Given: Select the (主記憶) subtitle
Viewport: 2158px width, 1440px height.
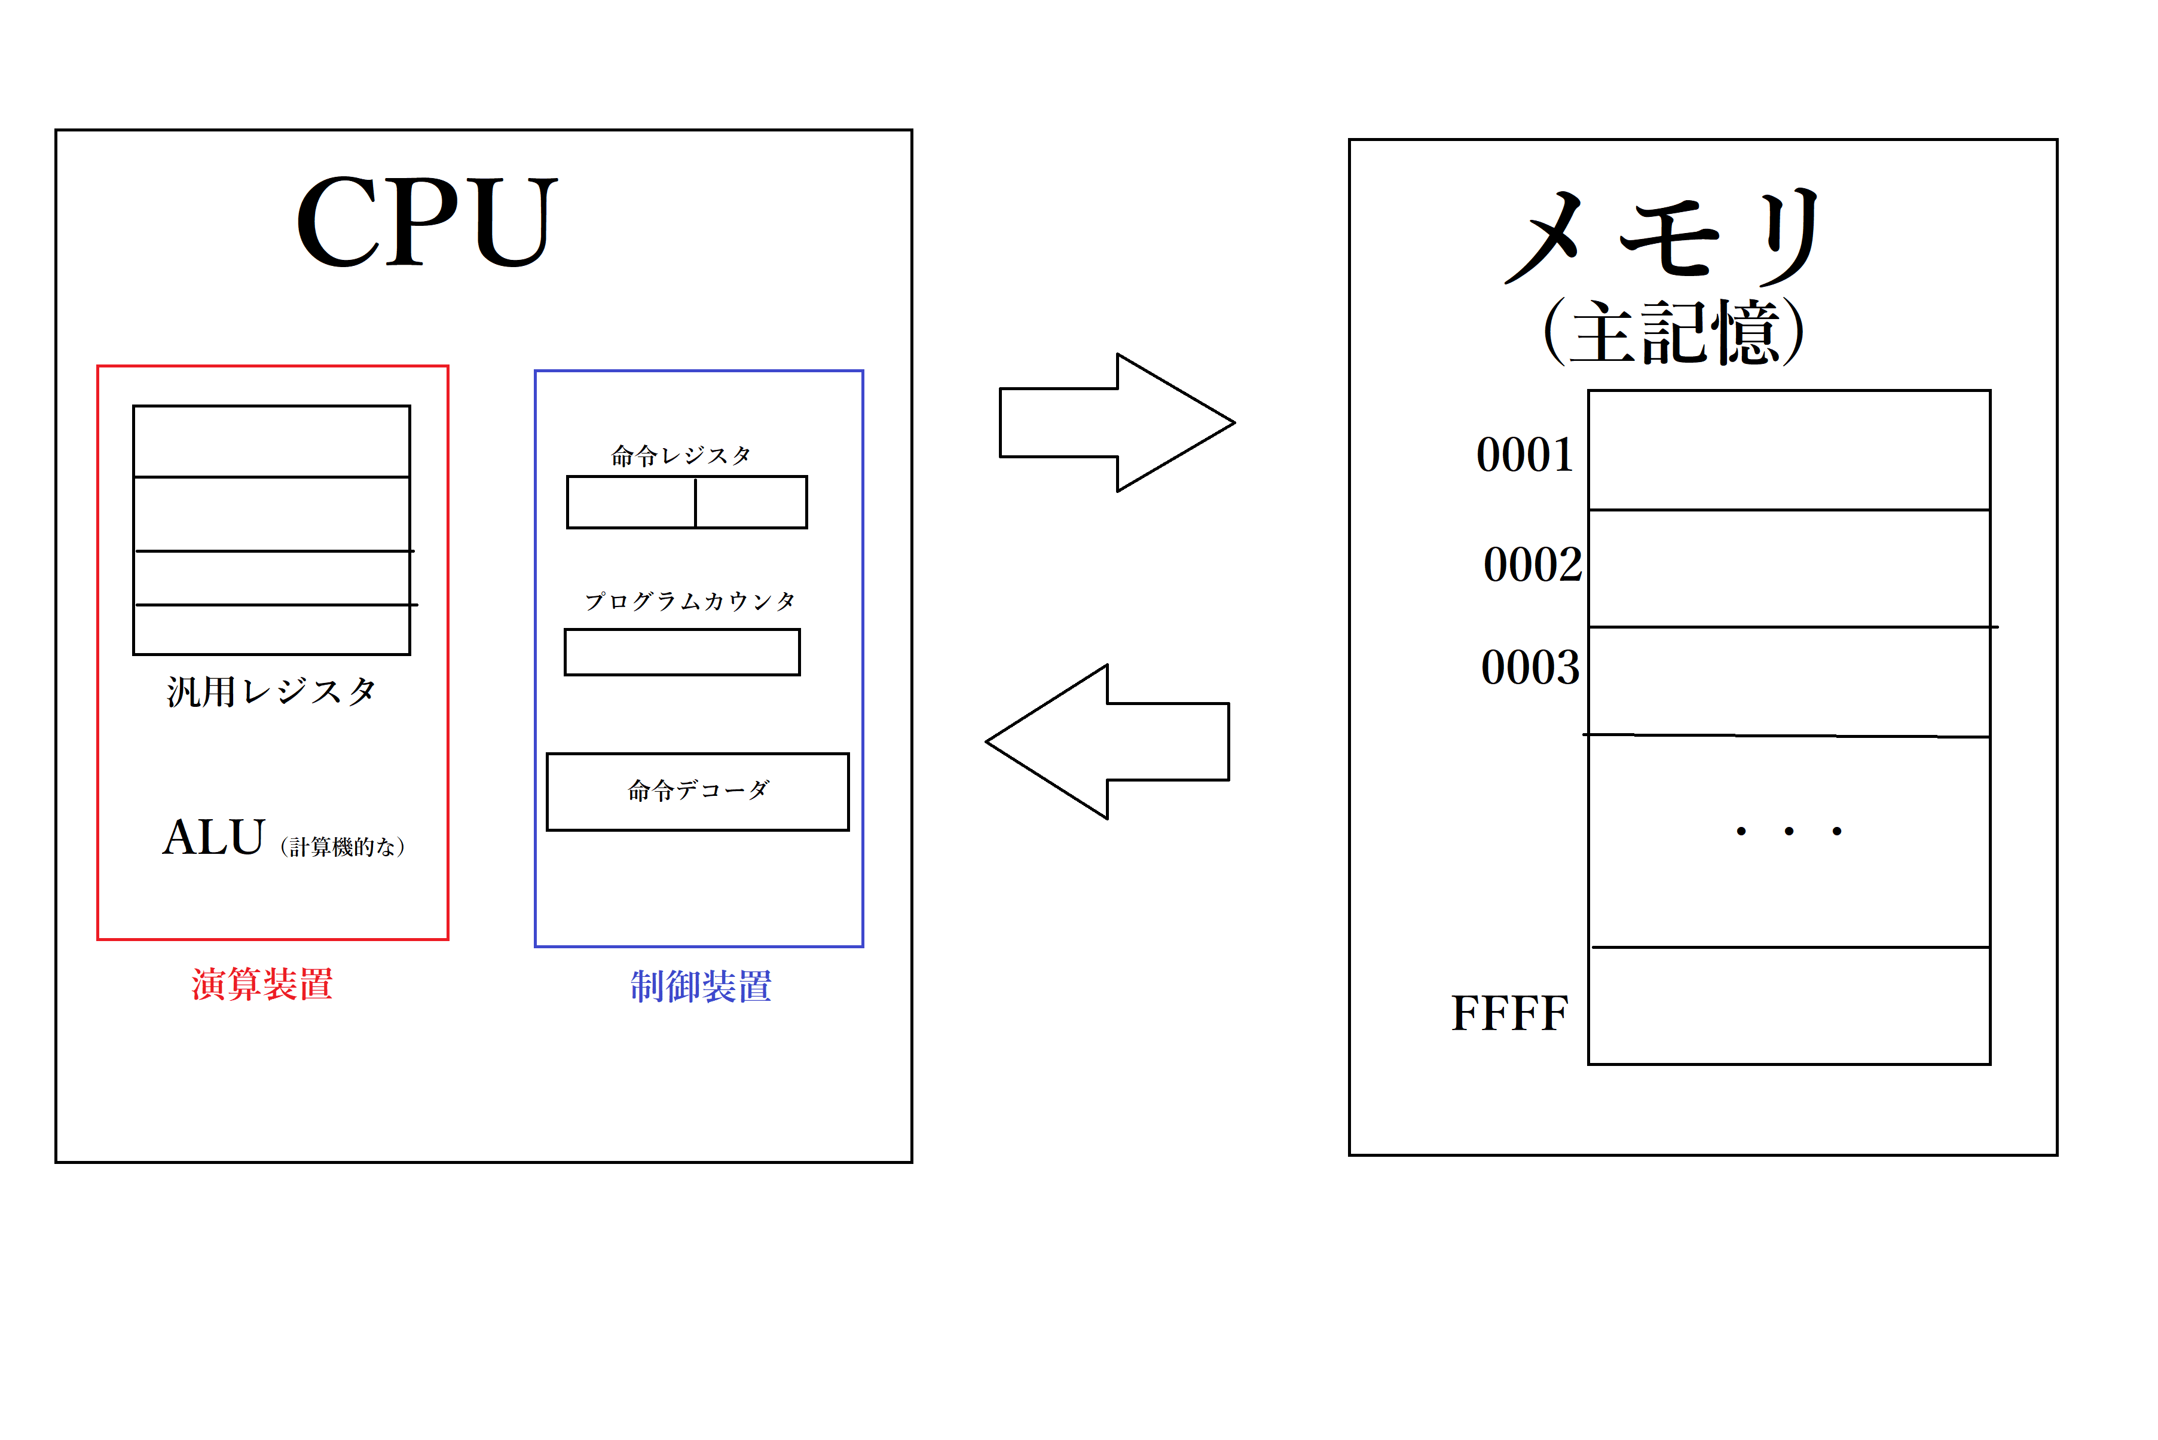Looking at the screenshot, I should tap(1674, 332).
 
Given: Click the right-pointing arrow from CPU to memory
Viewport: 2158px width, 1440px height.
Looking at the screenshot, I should tap(1115, 422).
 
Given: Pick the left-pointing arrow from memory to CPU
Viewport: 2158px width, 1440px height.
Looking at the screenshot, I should tap(1108, 741).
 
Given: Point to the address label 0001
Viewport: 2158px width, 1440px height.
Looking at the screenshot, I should tap(1525, 455).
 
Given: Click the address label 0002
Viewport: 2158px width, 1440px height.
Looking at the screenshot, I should tap(1532, 564).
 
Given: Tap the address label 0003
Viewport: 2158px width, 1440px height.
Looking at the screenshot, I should tap(1530, 667).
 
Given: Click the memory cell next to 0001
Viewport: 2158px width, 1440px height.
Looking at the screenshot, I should tap(1789, 450).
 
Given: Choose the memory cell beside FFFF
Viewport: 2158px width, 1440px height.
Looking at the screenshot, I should tap(1789, 1006).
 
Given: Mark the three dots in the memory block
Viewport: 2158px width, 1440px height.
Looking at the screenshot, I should tap(1788, 831).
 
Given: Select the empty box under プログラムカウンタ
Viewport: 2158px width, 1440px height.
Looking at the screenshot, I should tap(681, 652).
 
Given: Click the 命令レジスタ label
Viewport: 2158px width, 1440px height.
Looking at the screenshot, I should tap(681, 455).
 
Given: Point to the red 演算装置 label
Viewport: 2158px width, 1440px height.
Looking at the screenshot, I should tap(262, 985).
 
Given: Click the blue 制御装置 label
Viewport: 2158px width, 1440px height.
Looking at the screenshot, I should tap(701, 986).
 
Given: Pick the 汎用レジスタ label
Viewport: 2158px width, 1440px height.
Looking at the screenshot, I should tap(271, 691).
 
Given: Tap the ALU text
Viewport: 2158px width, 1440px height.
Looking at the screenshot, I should tap(214, 838).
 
